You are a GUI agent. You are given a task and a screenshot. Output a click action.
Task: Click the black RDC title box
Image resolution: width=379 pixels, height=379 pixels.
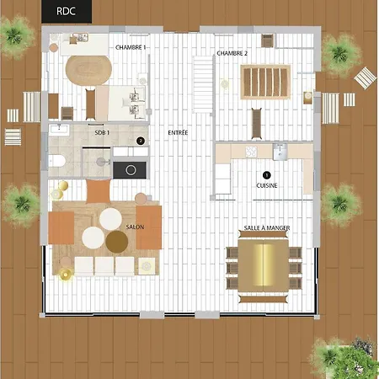click(67, 12)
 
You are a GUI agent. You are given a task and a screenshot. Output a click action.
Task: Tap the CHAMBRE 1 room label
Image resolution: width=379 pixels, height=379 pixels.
click(131, 47)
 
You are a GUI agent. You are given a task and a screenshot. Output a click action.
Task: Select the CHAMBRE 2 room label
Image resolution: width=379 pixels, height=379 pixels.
click(232, 53)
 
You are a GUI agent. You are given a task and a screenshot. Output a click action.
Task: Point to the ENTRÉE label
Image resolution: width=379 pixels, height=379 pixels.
click(178, 132)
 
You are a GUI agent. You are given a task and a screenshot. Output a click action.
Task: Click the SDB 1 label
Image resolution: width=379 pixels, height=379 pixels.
click(102, 132)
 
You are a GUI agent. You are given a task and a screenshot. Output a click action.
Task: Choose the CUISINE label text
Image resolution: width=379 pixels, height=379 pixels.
click(267, 185)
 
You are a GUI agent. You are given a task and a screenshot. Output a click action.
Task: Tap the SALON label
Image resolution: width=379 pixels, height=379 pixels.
click(135, 227)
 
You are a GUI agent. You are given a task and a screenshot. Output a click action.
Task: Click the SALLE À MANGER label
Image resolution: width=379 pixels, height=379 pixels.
click(267, 227)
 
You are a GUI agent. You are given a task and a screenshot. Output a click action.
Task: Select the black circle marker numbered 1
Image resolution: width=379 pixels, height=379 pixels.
click(266, 175)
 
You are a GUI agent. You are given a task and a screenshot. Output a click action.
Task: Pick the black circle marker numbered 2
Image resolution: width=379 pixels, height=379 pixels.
click(141, 141)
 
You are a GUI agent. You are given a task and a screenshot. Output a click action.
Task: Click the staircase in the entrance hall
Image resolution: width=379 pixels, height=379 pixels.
click(203, 84)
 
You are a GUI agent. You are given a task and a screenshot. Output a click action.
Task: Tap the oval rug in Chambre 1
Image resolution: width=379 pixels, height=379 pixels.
click(88, 70)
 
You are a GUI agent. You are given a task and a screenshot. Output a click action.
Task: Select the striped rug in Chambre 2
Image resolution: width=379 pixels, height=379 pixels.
click(265, 82)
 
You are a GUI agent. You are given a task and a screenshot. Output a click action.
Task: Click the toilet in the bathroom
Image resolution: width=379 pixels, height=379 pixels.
click(57, 162)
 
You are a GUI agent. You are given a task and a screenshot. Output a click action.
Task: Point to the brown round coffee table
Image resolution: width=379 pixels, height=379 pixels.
click(117, 242)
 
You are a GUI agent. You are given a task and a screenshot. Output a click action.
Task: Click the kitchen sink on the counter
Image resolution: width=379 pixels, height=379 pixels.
click(280, 152)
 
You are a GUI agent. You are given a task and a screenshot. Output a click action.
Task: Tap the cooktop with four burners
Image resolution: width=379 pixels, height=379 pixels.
click(251, 152)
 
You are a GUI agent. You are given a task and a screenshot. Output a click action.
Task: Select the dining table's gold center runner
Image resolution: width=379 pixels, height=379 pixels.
click(264, 265)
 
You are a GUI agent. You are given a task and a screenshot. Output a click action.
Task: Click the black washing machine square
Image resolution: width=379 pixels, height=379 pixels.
click(130, 170)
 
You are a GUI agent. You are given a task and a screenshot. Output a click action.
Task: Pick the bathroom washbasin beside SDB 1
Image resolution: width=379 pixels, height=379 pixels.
click(59, 130)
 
